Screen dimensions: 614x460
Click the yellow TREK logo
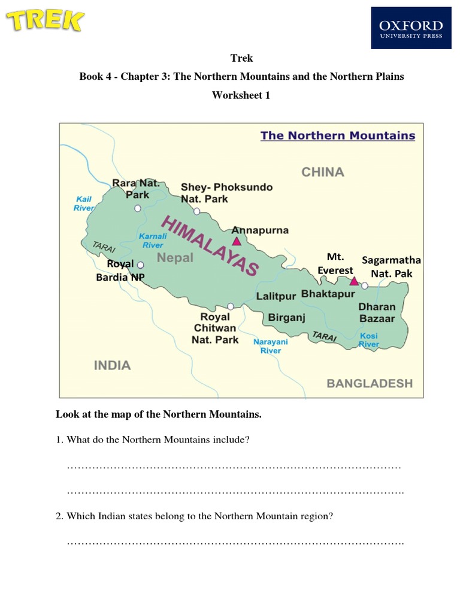(45, 22)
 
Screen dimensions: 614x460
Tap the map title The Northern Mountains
(337, 136)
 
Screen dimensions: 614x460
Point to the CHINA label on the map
(322, 172)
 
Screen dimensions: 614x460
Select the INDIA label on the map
(112, 365)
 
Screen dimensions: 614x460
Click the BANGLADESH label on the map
(370, 383)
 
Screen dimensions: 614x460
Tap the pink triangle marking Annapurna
(237, 241)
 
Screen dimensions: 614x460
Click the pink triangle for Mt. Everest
(354, 281)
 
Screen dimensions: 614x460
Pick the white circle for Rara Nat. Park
(138, 208)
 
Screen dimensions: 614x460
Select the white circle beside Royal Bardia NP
(141, 264)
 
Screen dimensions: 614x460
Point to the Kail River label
(84, 203)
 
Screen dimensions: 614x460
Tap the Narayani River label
(271, 346)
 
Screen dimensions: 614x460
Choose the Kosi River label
(369, 340)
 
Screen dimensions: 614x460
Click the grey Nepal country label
(175, 258)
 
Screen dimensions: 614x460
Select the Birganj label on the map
(287, 317)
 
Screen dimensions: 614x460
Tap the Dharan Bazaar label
(376, 312)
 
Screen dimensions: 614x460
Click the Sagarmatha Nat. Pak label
(391, 267)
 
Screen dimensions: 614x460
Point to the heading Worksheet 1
(241, 95)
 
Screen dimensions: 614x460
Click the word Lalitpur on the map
(276, 296)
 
